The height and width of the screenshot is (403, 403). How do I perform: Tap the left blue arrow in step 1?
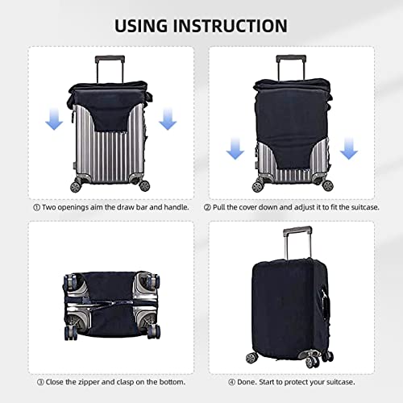(x=54, y=121)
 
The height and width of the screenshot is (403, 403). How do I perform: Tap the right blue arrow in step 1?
(x=168, y=121)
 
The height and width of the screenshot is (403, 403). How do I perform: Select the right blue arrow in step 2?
(x=349, y=147)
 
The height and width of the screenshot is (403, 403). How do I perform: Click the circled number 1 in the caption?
(x=36, y=207)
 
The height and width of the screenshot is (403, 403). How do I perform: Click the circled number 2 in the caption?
(x=207, y=207)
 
